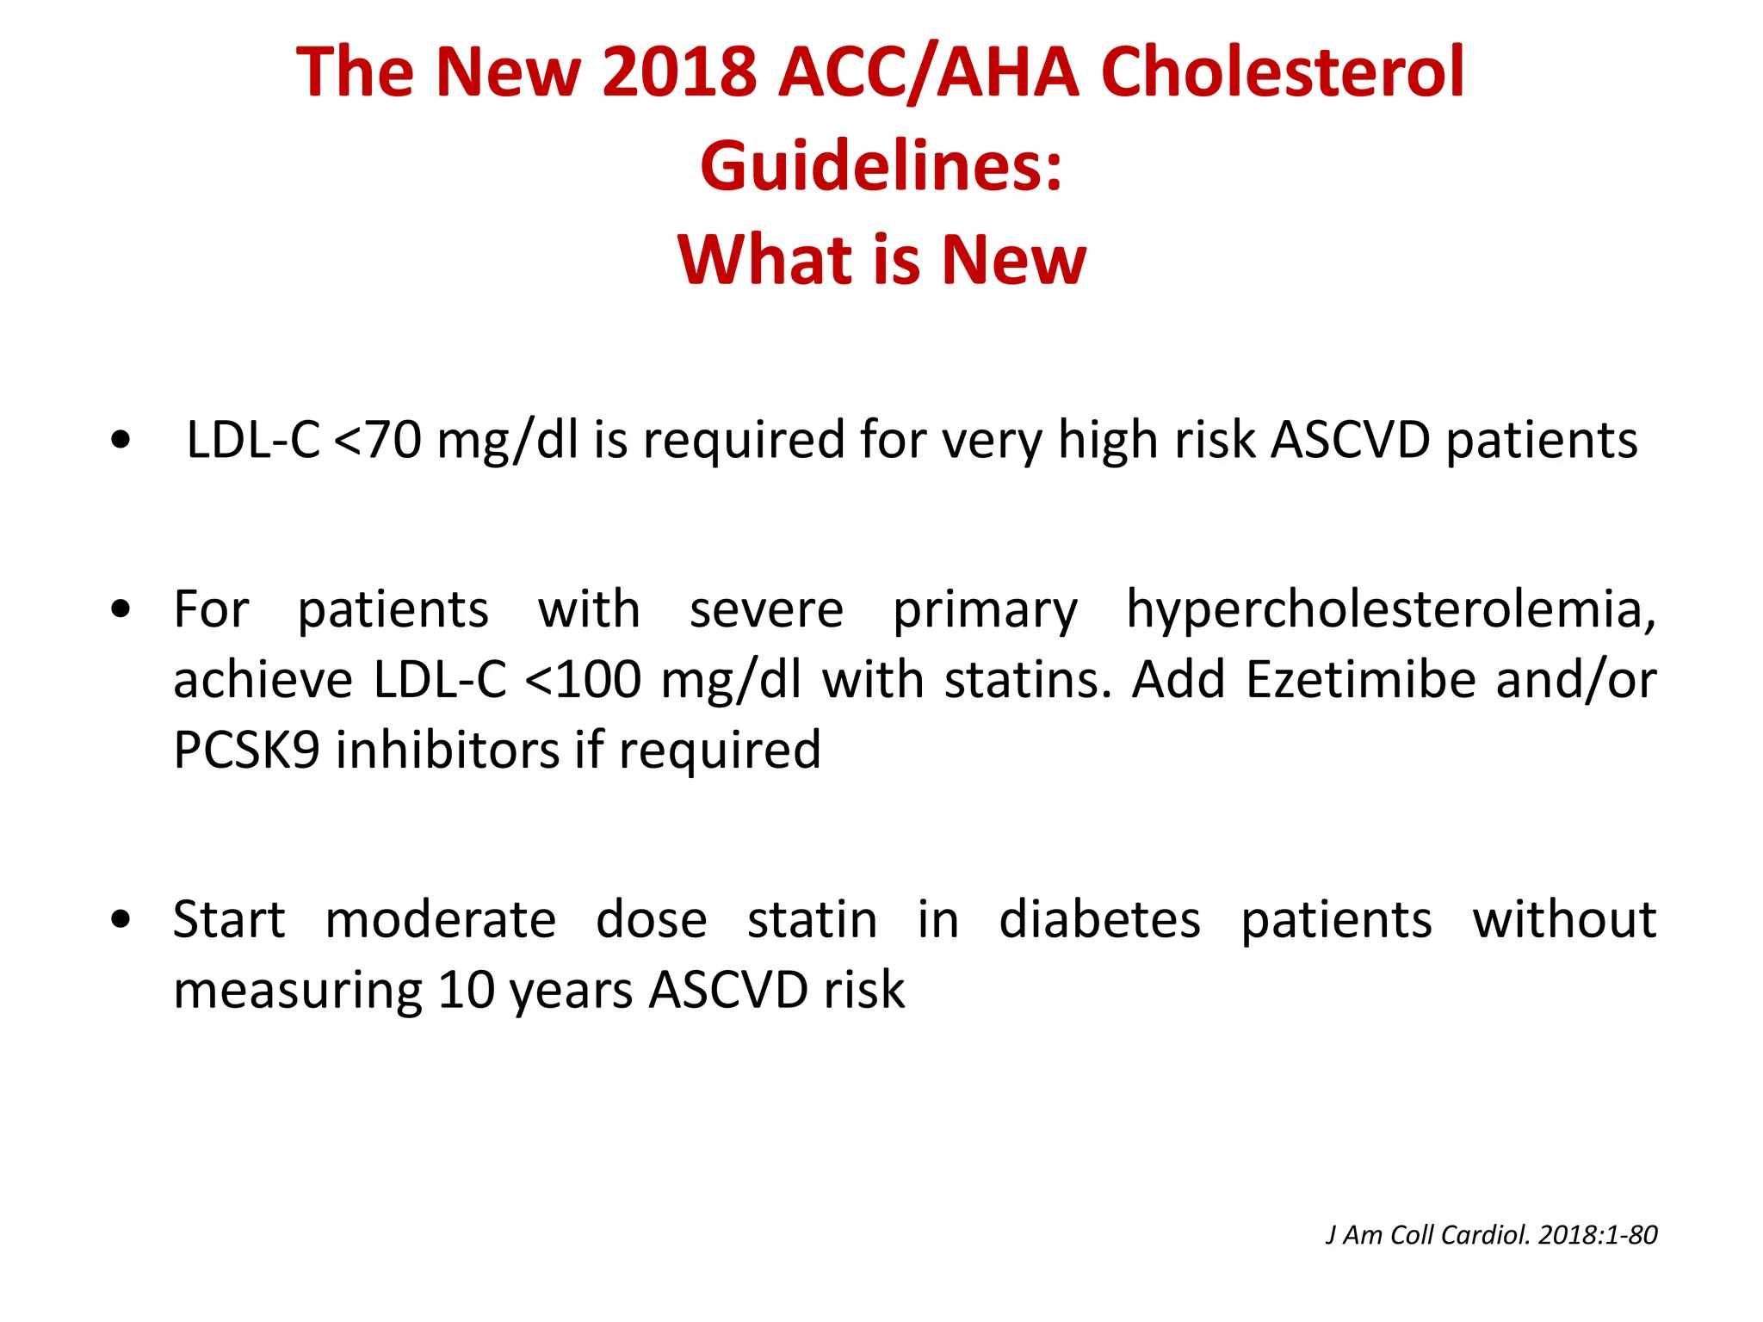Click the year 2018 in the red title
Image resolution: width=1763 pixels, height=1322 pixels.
[678, 71]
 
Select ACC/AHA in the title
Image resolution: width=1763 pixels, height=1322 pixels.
[927, 71]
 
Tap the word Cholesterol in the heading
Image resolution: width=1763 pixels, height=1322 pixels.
[1282, 71]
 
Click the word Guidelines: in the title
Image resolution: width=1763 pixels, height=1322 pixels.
[881, 165]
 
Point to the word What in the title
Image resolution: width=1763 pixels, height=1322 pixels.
[764, 259]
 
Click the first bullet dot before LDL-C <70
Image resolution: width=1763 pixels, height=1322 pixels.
[121, 441]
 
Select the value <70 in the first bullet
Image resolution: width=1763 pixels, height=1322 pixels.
[376, 440]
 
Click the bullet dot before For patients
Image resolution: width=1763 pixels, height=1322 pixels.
[121, 609]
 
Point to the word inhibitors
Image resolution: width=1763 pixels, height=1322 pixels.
[448, 750]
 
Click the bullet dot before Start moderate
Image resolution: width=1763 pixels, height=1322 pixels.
[121, 919]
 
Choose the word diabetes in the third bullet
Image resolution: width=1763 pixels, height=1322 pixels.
[1099, 919]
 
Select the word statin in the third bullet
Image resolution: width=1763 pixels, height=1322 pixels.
[812, 919]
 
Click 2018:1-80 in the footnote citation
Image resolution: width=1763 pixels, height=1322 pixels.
[1598, 1235]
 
